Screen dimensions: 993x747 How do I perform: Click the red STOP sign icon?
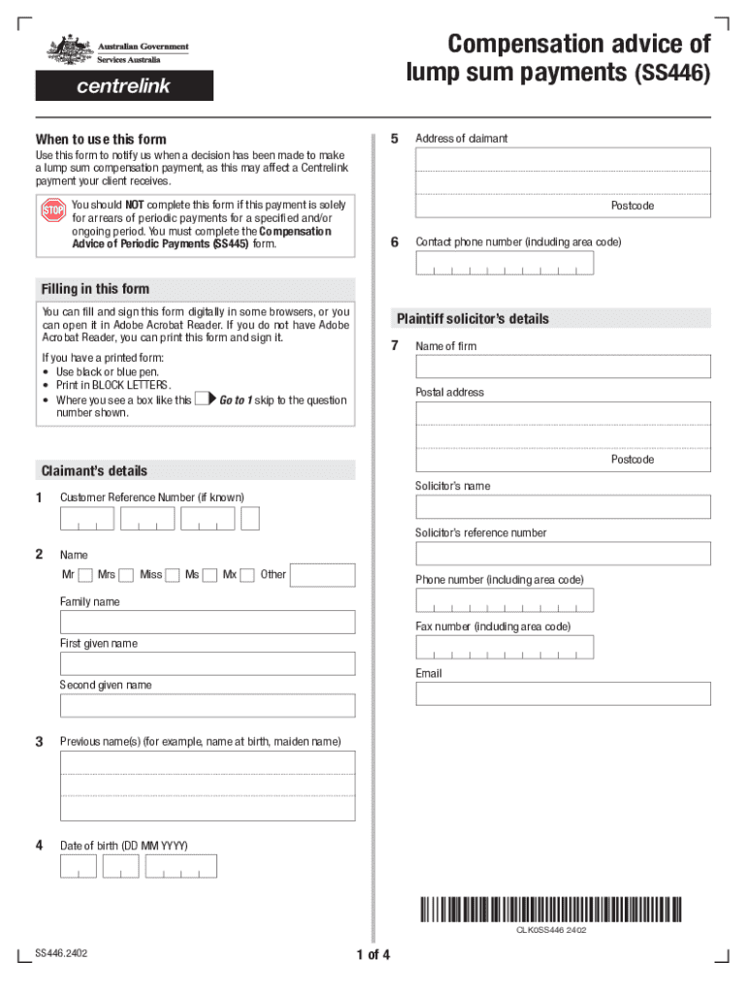[x=52, y=210]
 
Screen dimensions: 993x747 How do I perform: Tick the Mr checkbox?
[x=85, y=575]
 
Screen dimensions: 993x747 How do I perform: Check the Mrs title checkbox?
[x=126, y=575]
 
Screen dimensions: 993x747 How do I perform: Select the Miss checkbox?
[x=173, y=575]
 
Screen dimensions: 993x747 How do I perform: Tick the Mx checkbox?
[x=247, y=575]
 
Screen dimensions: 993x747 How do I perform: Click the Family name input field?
[x=208, y=622]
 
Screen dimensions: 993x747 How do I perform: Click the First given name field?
[x=208, y=663]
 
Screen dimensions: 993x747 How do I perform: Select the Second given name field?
[x=208, y=705]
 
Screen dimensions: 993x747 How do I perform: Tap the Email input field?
[x=563, y=693]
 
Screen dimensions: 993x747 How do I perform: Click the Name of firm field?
[x=563, y=366]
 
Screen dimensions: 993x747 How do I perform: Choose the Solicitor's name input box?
[x=563, y=506]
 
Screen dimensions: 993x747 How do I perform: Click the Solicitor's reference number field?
[x=563, y=553]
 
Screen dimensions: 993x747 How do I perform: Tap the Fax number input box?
[x=503, y=647]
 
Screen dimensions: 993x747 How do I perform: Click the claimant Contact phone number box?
[x=503, y=263]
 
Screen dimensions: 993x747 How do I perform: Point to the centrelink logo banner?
[x=124, y=86]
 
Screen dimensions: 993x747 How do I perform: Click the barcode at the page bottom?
[x=550, y=909]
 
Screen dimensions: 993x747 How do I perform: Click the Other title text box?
[x=322, y=575]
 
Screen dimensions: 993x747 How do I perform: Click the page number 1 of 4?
[x=373, y=955]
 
